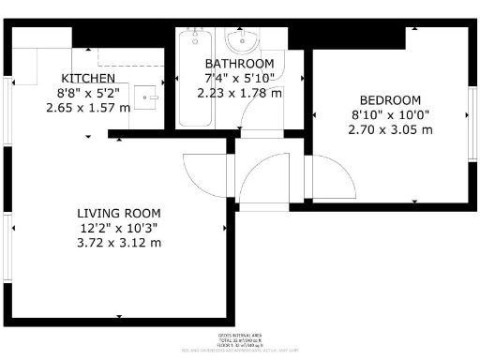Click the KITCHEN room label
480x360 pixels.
(88, 78)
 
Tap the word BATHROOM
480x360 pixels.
(239, 64)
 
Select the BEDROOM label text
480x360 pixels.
(390, 100)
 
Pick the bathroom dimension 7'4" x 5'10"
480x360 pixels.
(239, 79)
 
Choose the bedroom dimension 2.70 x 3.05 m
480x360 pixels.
(390, 130)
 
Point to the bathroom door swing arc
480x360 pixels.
(246, 111)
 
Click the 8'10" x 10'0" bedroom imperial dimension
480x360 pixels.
(390, 115)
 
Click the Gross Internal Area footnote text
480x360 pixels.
(239, 334)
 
